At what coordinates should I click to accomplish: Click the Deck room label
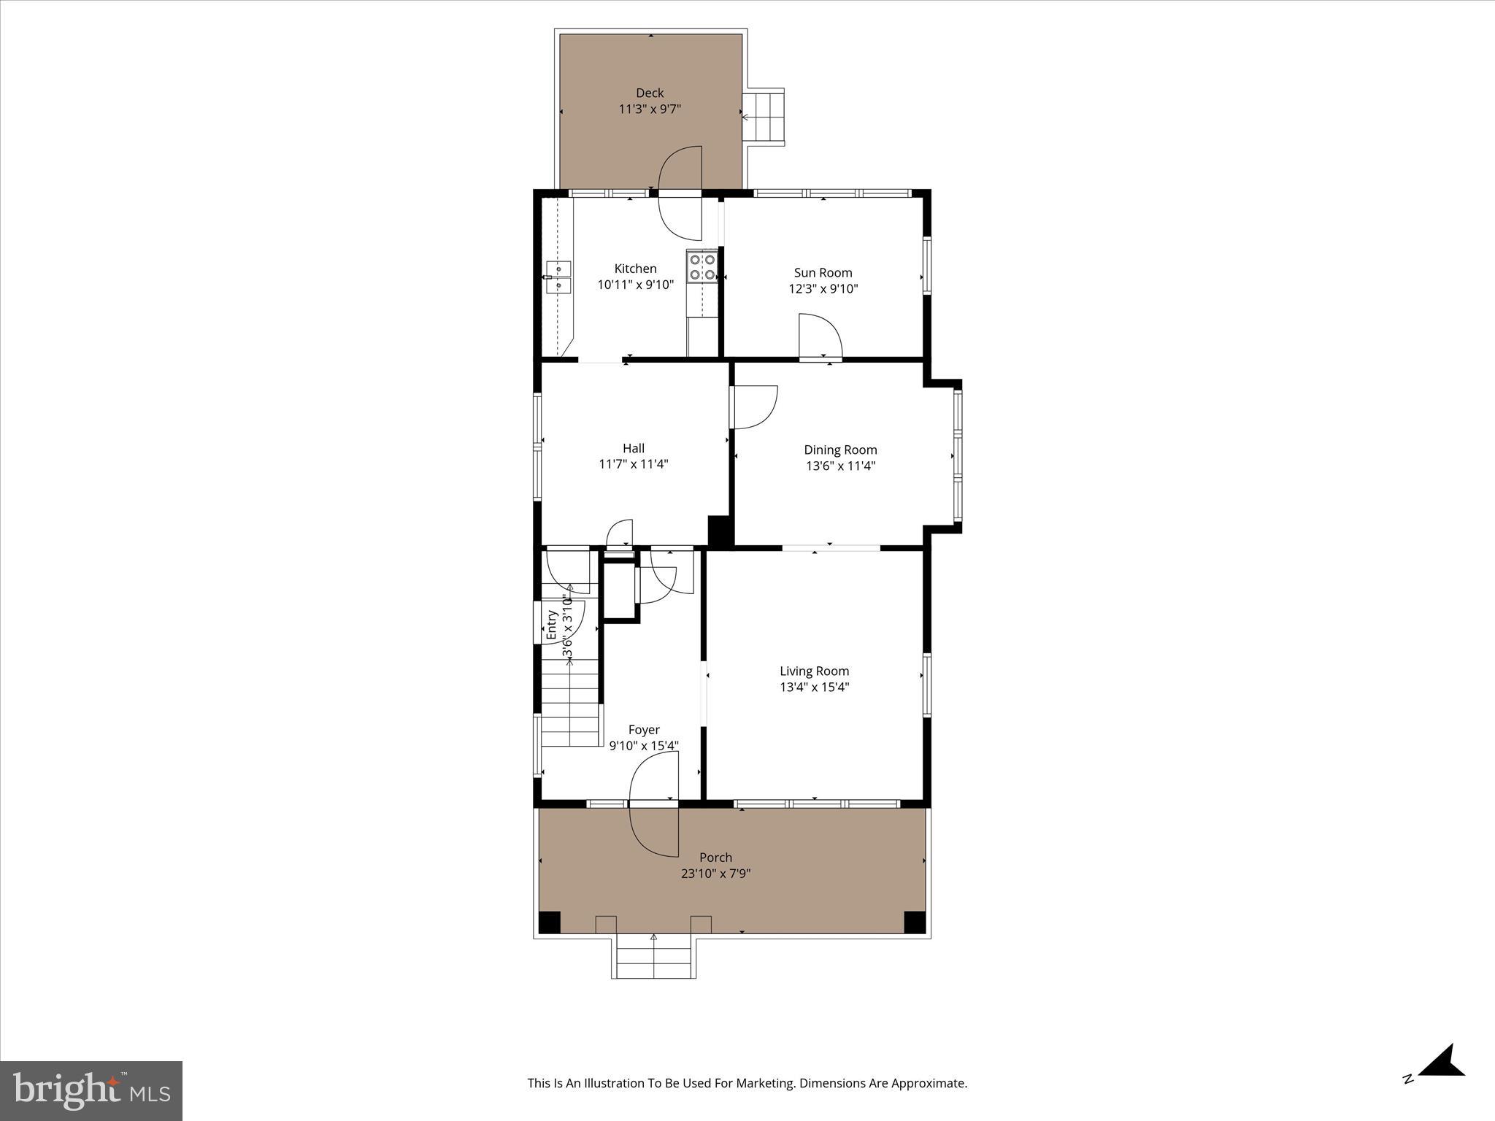[x=650, y=93]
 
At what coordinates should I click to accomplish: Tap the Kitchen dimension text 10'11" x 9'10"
[x=635, y=285]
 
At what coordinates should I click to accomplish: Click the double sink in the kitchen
[x=558, y=277]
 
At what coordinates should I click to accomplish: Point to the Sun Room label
[x=823, y=273]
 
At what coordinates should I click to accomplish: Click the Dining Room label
[x=840, y=450]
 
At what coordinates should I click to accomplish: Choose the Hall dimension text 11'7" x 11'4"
[x=634, y=464]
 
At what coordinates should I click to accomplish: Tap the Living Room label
[x=814, y=671]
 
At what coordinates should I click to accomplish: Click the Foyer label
[x=644, y=730]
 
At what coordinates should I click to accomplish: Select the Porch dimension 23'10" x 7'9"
[x=715, y=874]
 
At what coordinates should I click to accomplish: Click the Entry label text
[x=552, y=625]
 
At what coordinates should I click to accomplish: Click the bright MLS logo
[x=91, y=1090]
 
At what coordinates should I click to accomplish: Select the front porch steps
[x=653, y=958]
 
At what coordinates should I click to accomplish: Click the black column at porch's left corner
[x=550, y=922]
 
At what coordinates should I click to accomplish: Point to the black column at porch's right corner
[x=915, y=922]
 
